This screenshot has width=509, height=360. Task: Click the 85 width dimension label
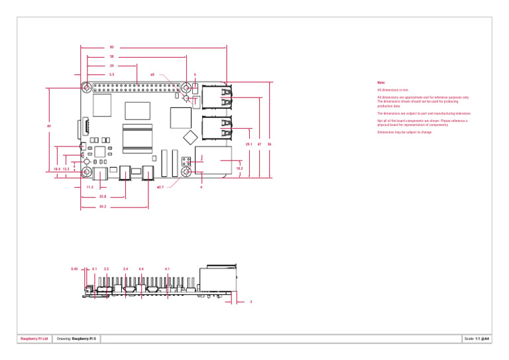coord(111,47)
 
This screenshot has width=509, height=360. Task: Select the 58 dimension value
coord(111,57)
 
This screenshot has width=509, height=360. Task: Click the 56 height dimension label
coord(269,144)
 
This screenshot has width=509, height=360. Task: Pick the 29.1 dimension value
coord(248,144)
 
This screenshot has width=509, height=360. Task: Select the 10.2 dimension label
coord(239,169)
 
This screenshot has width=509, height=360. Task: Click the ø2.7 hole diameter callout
coord(160,188)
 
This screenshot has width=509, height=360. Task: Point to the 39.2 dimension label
coord(103,207)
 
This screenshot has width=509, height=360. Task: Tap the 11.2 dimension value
coord(89,188)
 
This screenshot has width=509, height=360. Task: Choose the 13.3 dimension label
coord(66,169)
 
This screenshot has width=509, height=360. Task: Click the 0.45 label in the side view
coord(74,269)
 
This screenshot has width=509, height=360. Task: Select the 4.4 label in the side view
coord(141,269)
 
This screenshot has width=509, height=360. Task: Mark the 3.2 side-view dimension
coord(106,269)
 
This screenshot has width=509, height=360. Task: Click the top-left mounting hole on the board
coord(87,87)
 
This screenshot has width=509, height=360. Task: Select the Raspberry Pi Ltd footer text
coord(34,339)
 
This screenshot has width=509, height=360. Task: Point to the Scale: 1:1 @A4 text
coord(476,339)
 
